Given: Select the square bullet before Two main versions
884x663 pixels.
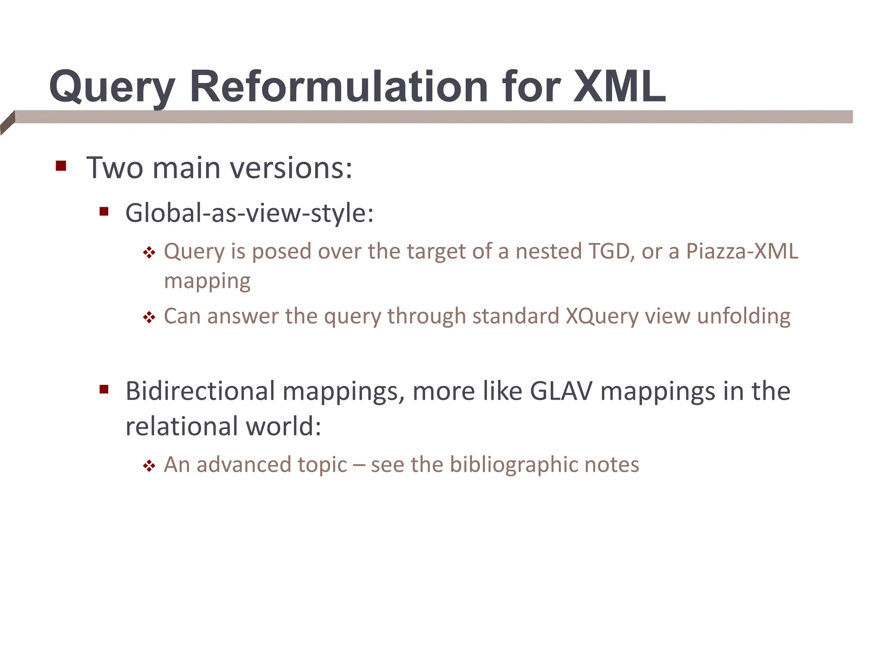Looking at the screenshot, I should pyautogui.click(x=61, y=166).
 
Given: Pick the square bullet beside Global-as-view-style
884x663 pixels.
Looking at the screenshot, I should pyautogui.click(x=104, y=212).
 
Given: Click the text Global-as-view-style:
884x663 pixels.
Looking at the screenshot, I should pyautogui.click(x=249, y=213).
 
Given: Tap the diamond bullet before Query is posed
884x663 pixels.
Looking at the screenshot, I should pyautogui.click(x=149, y=253).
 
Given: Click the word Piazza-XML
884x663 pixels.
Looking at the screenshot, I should pyautogui.click(x=742, y=251).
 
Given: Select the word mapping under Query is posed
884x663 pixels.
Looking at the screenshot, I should pyautogui.click(x=207, y=281).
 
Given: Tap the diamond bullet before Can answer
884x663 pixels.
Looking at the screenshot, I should pyautogui.click(x=149, y=318).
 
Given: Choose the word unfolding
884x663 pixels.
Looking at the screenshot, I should pyautogui.click(x=743, y=316).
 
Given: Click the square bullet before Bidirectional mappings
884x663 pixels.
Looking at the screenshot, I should pyautogui.click(x=104, y=390).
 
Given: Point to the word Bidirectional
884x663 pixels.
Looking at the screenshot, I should pyautogui.click(x=200, y=391).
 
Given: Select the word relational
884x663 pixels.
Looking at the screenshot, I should pyautogui.click(x=182, y=426).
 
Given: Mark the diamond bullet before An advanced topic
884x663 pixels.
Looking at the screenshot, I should pyautogui.click(x=149, y=466).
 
